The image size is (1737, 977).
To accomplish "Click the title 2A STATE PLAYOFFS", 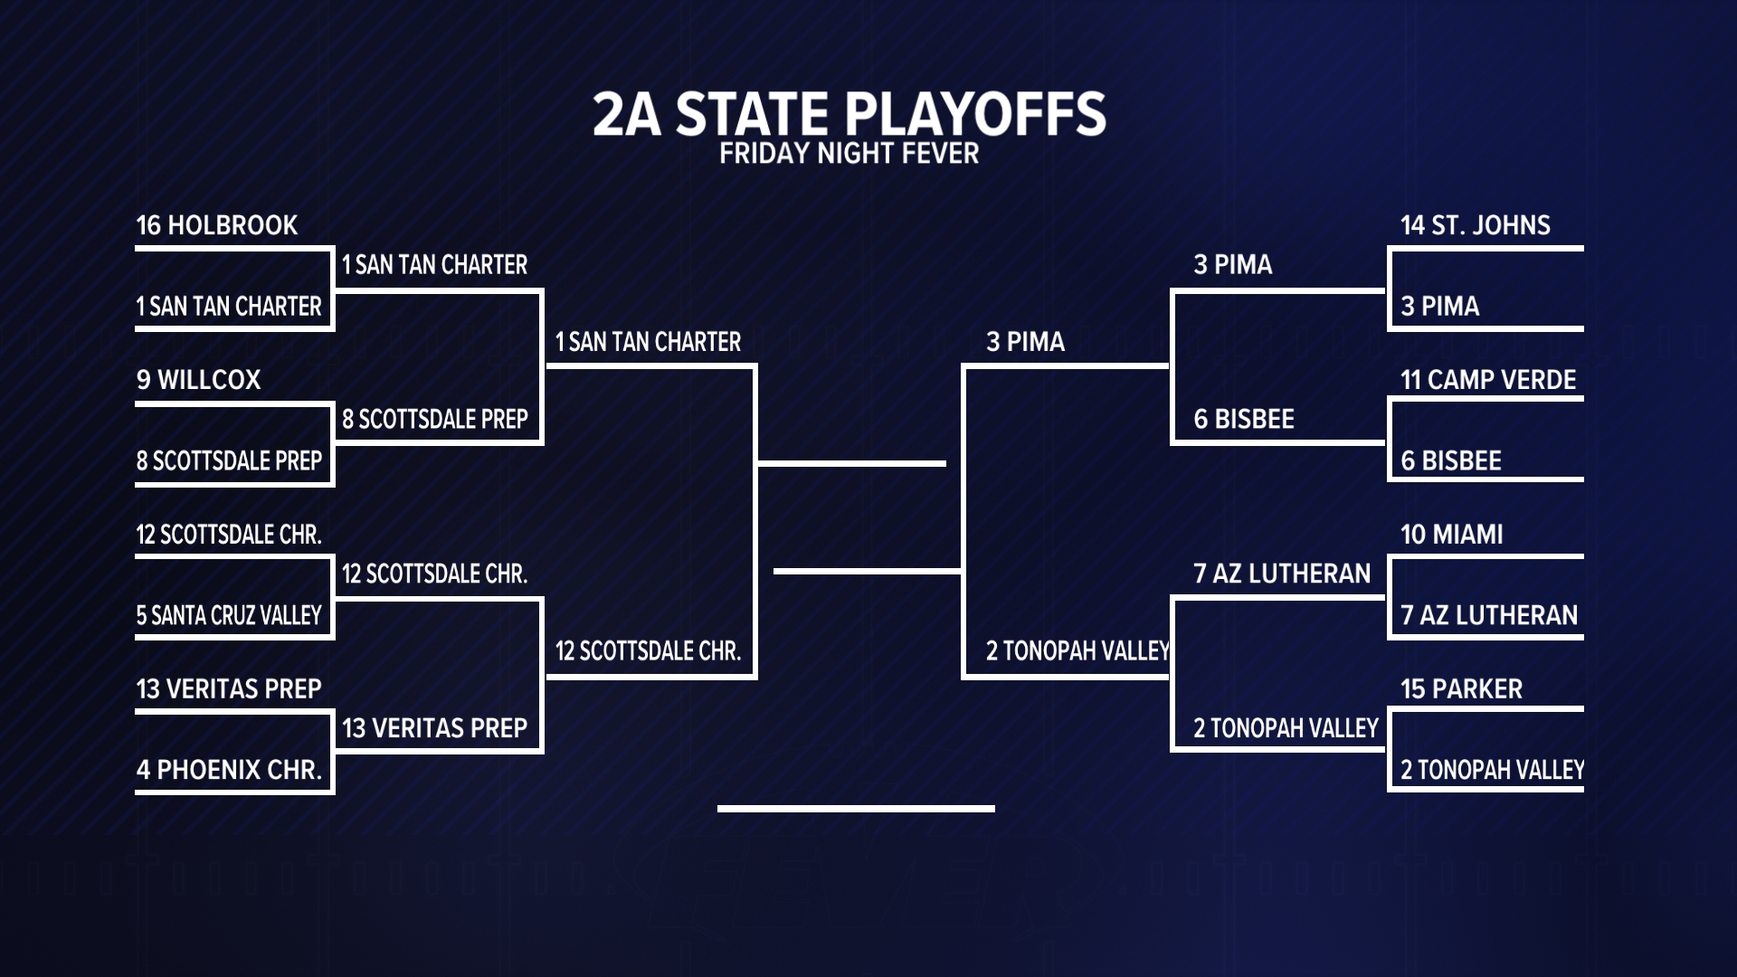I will (x=849, y=114).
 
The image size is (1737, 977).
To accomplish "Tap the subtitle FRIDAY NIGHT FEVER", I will (x=849, y=154).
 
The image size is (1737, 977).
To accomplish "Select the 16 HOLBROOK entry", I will (x=217, y=225).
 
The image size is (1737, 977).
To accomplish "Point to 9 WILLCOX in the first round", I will (x=199, y=380).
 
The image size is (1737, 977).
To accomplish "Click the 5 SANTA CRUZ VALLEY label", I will (x=229, y=616).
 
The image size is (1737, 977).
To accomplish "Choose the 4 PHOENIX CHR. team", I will (x=230, y=770).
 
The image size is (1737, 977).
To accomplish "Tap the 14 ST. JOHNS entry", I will (x=1476, y=225).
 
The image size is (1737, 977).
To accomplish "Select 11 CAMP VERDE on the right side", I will (x=1488, y=380).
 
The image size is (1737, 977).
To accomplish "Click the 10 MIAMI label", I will (x=1452, y=535).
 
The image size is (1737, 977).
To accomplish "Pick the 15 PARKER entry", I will (x=1462, y=689).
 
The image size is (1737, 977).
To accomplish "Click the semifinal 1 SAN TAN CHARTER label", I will (x=648, y=342).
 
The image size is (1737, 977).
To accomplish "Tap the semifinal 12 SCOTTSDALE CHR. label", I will (x=648, y=651).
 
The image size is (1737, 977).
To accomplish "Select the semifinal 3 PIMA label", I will (x=1025, y=342).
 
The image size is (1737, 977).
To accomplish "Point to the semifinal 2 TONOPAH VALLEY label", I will (x=1077, y=651).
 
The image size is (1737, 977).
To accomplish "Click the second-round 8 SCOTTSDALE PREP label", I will (x=435, y=420).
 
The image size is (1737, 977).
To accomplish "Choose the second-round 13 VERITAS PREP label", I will (x=435, y=728).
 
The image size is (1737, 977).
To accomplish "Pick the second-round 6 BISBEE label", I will (x=1244, y=420).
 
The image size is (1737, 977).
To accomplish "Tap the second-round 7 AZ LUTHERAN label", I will (x=1282, y=574).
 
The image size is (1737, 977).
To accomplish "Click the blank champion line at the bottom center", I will (x=856, y=808).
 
